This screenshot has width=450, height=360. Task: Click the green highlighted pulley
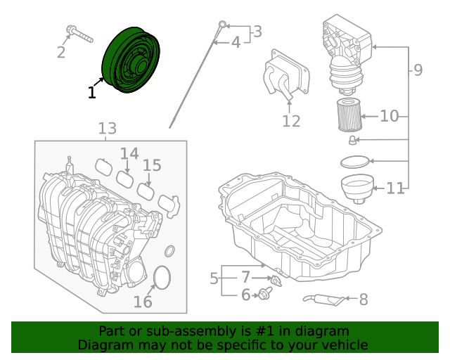(131, 60)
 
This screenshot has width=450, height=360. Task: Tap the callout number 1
(92, 92)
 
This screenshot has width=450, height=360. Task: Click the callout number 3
(257, 32)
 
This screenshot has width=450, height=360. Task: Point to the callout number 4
(236, 43)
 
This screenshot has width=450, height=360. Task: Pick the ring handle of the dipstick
(223, 26)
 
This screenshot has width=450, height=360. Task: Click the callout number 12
(291, 121)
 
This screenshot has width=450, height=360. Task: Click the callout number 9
(418, 70)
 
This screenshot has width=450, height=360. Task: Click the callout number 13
(107, 129)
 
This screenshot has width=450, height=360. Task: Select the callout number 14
(129, 153)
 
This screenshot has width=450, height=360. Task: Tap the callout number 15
(152, 166)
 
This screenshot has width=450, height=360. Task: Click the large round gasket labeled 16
(162, 278)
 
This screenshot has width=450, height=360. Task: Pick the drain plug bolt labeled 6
(266, 294)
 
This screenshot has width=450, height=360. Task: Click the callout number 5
(214, 279)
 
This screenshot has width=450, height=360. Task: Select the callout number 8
(363, 300)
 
